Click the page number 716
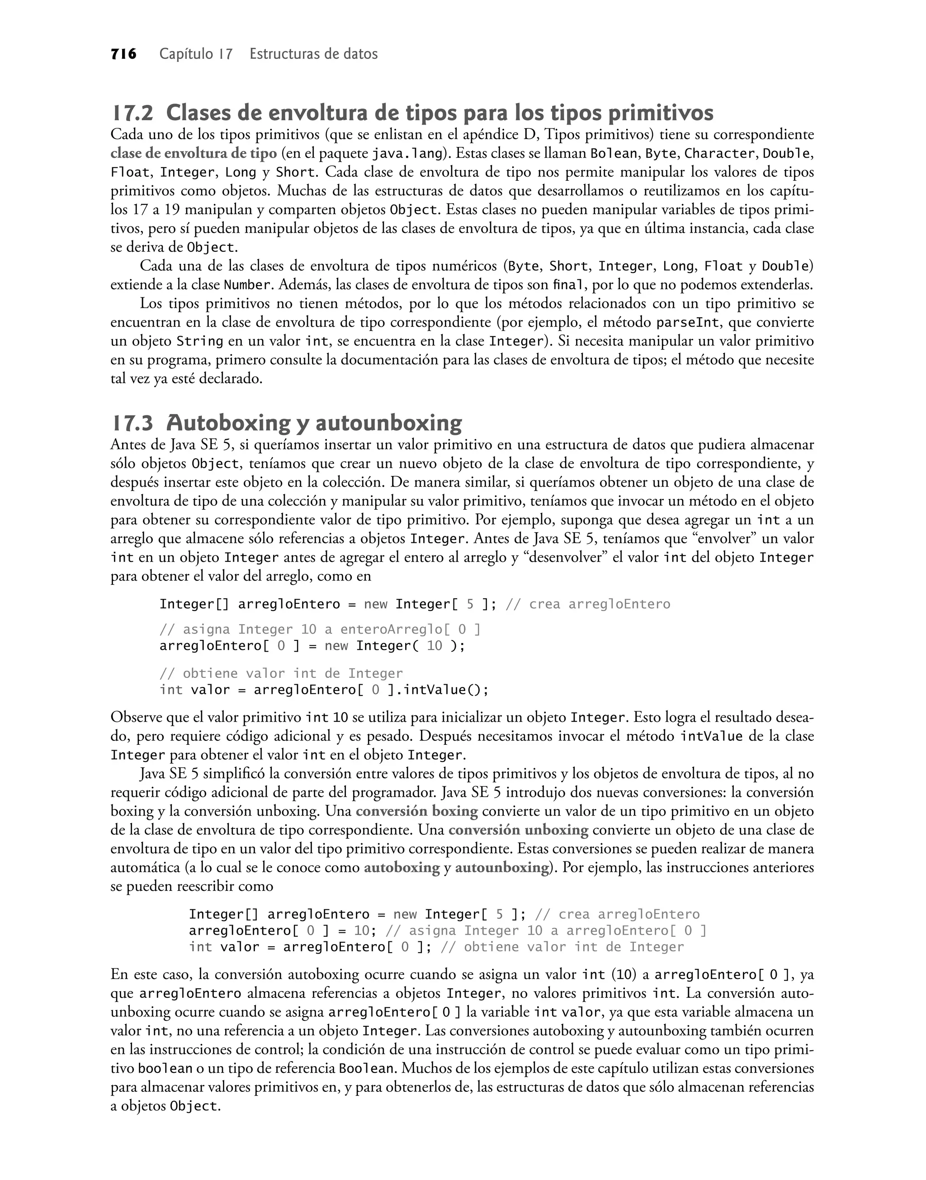pos(123,54)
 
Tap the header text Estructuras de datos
pos(313,54)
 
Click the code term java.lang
pos(407,154)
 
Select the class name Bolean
pos(613,154)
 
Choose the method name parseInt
pos(687,323)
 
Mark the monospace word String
pos(200,342)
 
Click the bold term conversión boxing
pos(416,812)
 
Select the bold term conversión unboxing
pos(518,830)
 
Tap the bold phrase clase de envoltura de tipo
pos(194,154)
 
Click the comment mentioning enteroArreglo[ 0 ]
pos(320,630)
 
